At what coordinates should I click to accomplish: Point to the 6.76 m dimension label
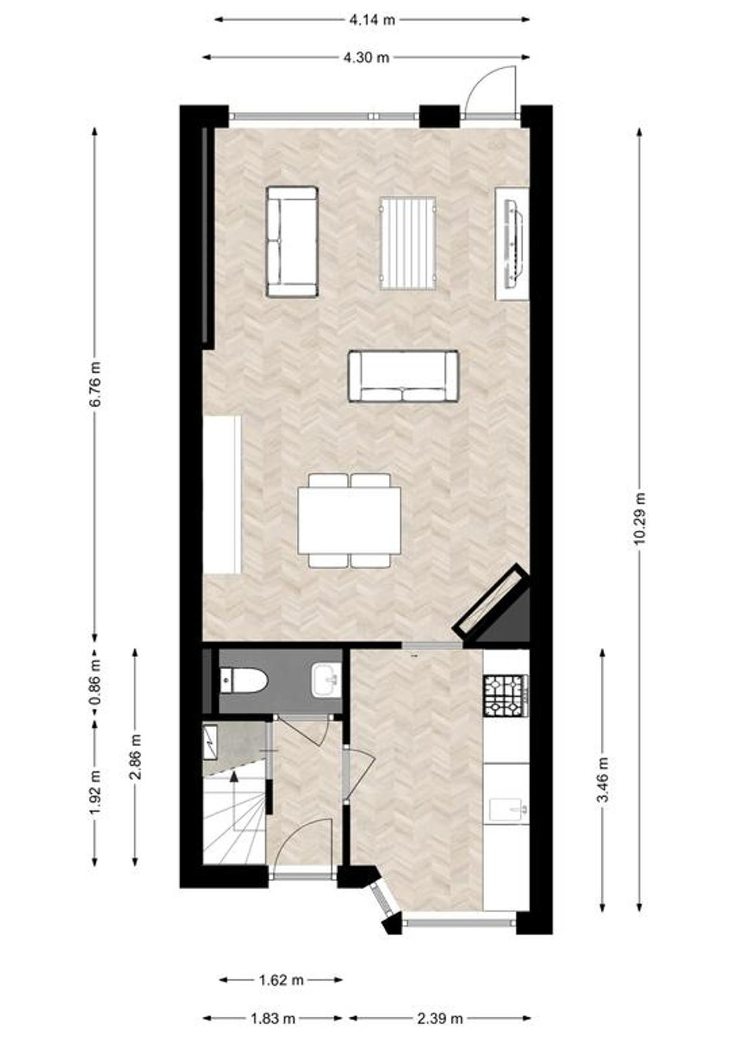pyautogui.click(x=95, y=384)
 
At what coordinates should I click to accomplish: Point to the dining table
pyautogui.click(x=349, y=520)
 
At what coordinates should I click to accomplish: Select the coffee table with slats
pyautogui.click(x=408, y=244)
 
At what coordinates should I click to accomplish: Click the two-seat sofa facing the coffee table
pyautogui.click(x=403, y=377)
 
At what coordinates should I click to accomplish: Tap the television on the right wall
pyautogui.click(x=513, y=244)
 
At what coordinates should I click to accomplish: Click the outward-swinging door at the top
pyautogui.click(x=490, y=90)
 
